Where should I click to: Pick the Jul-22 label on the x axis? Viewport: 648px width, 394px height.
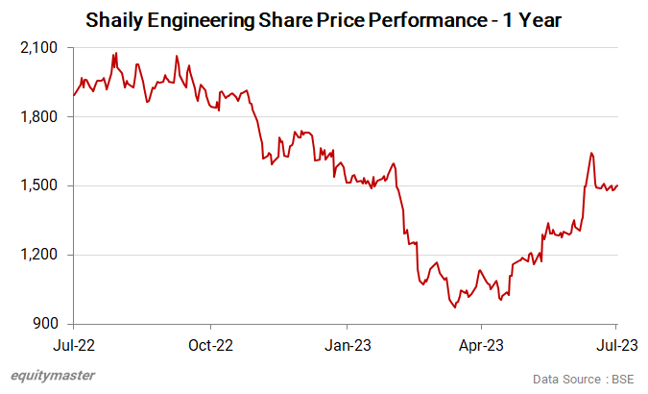click(x=74, y=343)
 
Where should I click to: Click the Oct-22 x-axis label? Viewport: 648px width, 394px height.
click(x=210, y=343)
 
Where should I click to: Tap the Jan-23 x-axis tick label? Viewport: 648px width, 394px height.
click(x=347, y=343)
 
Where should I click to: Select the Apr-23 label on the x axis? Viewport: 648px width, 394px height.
click(x=481, y=343)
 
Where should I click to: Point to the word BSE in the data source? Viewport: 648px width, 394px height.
click(x=625, y=378)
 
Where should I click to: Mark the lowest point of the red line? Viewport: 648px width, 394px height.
click(x=455, y=308)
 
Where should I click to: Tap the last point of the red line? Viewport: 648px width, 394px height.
click(x=617, y=185)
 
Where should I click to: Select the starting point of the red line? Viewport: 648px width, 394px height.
click(x=74, y=96)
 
